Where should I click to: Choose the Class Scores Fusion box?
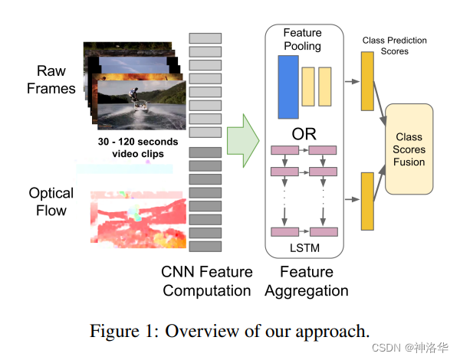click(410, 149)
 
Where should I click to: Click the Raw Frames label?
click(51, 80)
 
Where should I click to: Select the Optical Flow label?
click(51, 201)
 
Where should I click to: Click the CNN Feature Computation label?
click(206, 281)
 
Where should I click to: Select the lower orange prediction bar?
click(366, 201)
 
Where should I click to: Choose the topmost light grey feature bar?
click(205, 38)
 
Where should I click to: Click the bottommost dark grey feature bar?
click(205, 247)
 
